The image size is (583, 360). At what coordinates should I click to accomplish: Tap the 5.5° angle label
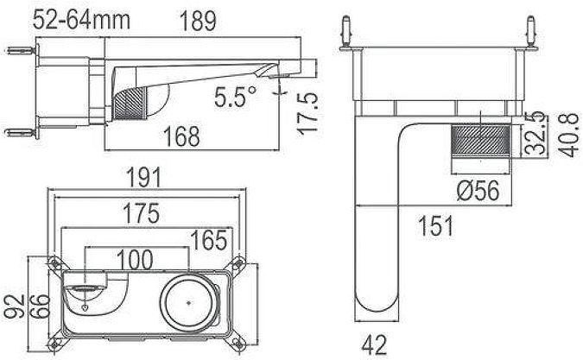[236, 98]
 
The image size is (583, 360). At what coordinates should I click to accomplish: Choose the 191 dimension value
[146, 179]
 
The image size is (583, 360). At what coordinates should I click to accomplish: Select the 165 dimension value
[208, 237]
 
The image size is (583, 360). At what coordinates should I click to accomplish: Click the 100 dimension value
[136, 258]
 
